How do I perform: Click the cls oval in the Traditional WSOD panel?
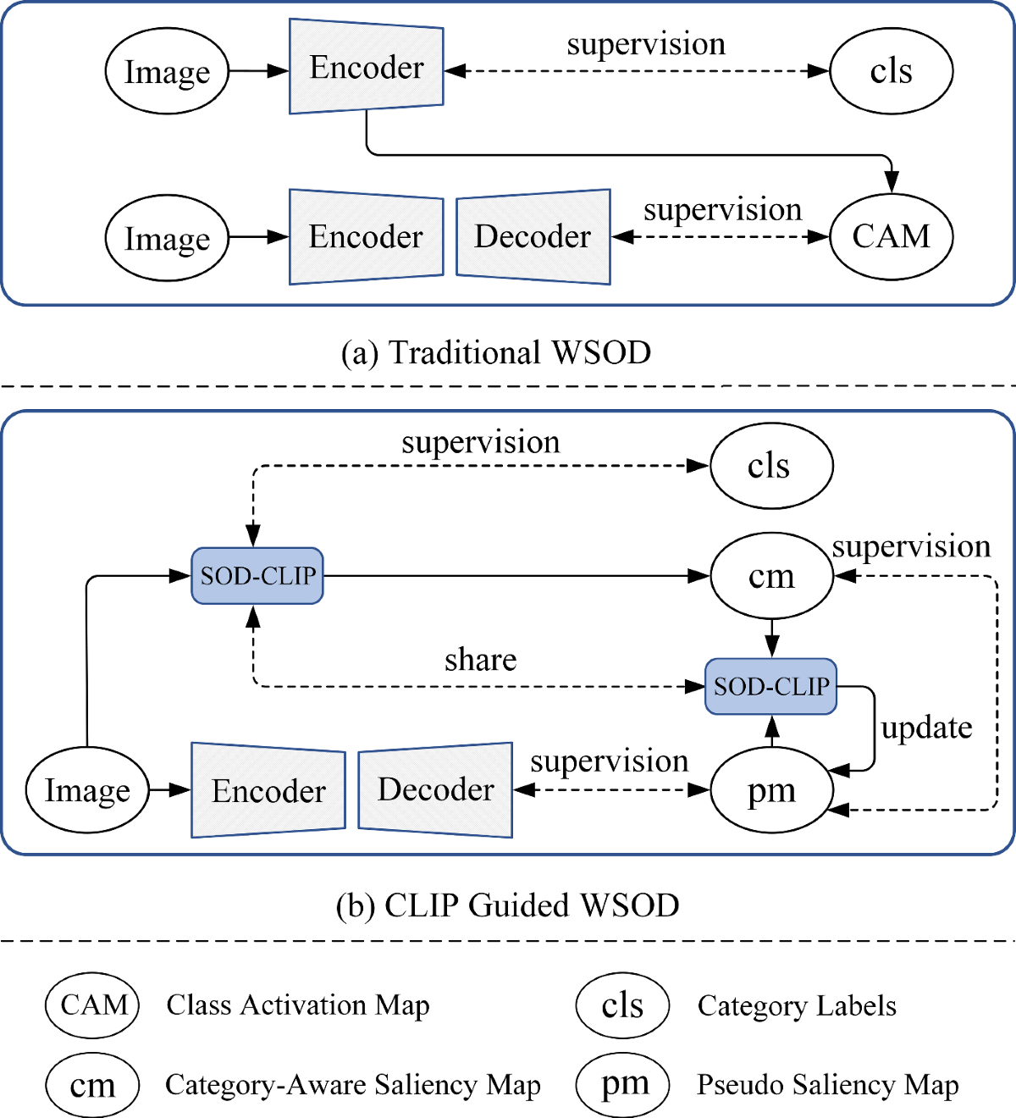click(x=892, y=71)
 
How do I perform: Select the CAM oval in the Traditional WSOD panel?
click(x=892, y=236)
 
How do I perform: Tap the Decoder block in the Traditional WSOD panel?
click(x=533, y=237)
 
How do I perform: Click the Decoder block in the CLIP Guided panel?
click(x=435, y=789)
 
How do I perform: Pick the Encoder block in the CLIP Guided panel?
click(x=268, y=789)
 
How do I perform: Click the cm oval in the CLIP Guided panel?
click(x=772, y=576)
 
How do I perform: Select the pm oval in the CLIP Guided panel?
click(x=772, y=789)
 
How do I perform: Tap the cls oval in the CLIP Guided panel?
click(x=772, y=465)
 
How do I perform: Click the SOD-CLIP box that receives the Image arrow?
click(x=257, y=576)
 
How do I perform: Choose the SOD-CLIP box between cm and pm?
click(x=770, y=686)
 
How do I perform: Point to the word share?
click(x=480, y=660)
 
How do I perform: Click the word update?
click(x=927, y=728)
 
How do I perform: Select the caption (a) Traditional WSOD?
click(x=496, y=352)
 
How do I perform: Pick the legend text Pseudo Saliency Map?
click(x=828, y=1085)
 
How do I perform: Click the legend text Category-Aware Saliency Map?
click(x=353, y=1085)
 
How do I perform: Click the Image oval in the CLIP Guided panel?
click(x=87, y=789)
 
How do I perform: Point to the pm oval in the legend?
click(x=622, y=1084)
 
